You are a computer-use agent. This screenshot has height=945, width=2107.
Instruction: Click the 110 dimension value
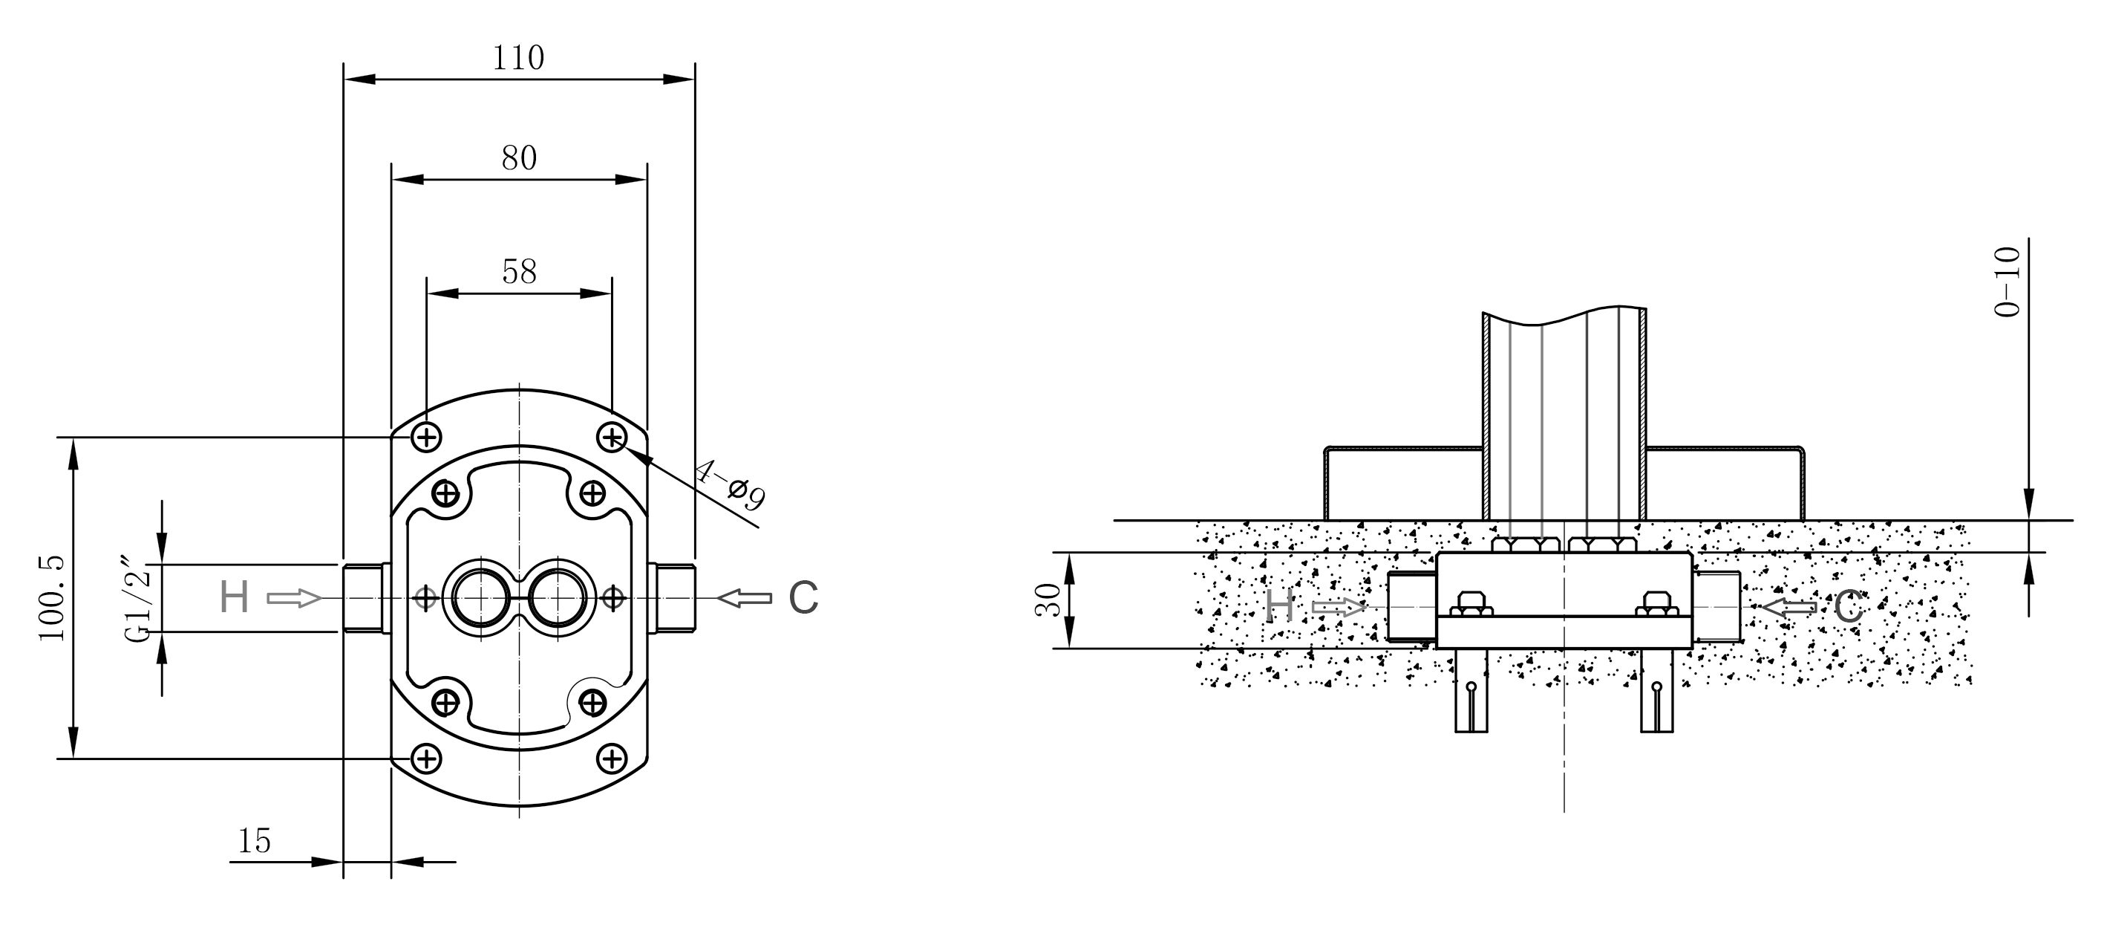pos(517,58)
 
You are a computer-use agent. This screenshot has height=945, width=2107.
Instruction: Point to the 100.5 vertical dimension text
pos(50,598)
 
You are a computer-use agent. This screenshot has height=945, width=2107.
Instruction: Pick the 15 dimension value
pos(254,840)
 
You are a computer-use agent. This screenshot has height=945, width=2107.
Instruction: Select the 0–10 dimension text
pos(2008,282)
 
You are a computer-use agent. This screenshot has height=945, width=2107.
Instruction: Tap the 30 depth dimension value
pos(1048,600)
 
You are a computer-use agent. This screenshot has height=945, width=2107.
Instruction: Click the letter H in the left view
pos(234,597)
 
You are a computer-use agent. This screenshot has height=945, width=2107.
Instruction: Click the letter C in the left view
pos(803,597)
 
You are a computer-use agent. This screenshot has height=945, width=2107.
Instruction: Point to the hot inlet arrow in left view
pos(295,599)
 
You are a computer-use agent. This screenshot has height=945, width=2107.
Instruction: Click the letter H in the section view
pos(1280,607)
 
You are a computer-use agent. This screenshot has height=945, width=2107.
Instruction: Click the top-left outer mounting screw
pos(426,438)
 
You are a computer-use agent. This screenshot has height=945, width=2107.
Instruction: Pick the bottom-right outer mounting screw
pos(612,759)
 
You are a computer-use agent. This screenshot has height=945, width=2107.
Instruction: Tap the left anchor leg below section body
pos(1471,690)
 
